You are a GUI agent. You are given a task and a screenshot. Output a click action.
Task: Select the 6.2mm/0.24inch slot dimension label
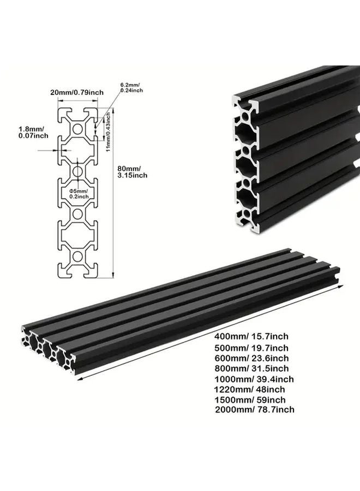coord(132,87)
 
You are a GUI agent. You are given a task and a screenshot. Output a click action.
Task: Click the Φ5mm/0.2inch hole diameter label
coord(79,192)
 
